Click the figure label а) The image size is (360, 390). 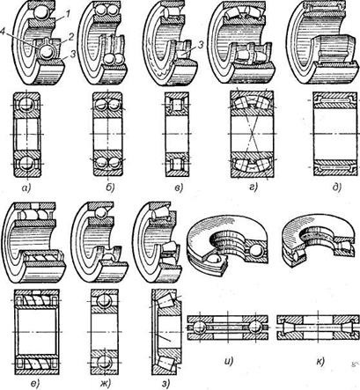(x=27, y=188)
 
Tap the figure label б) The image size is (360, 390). (x=110, y=188)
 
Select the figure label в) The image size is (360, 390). (x=179, y=188)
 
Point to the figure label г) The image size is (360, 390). (x=253, y=188)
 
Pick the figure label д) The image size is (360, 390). (x=337, y=188)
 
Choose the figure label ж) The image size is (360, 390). (x=106, y=383)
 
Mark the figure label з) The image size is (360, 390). (x=165, y=383)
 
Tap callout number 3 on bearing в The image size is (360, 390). (x=201, y=45)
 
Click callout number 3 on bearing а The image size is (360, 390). (x=73, y=53)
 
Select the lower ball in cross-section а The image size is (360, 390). (x=26, y=164)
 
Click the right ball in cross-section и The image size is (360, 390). (x=254, y=327)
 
